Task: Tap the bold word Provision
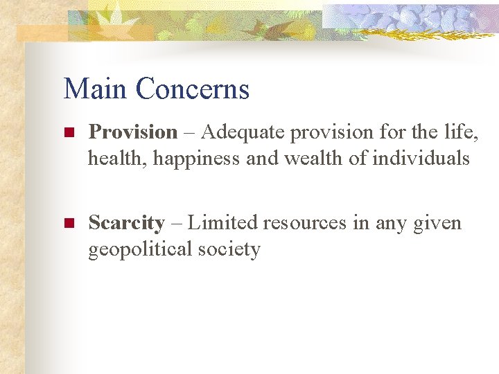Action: coord(134,132)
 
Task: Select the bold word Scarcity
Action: coord(127,223)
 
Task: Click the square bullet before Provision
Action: coord(68,132)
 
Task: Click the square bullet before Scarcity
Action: coord(68,224)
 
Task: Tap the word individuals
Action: coord(421,158)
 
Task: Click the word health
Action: coord(118,159)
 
